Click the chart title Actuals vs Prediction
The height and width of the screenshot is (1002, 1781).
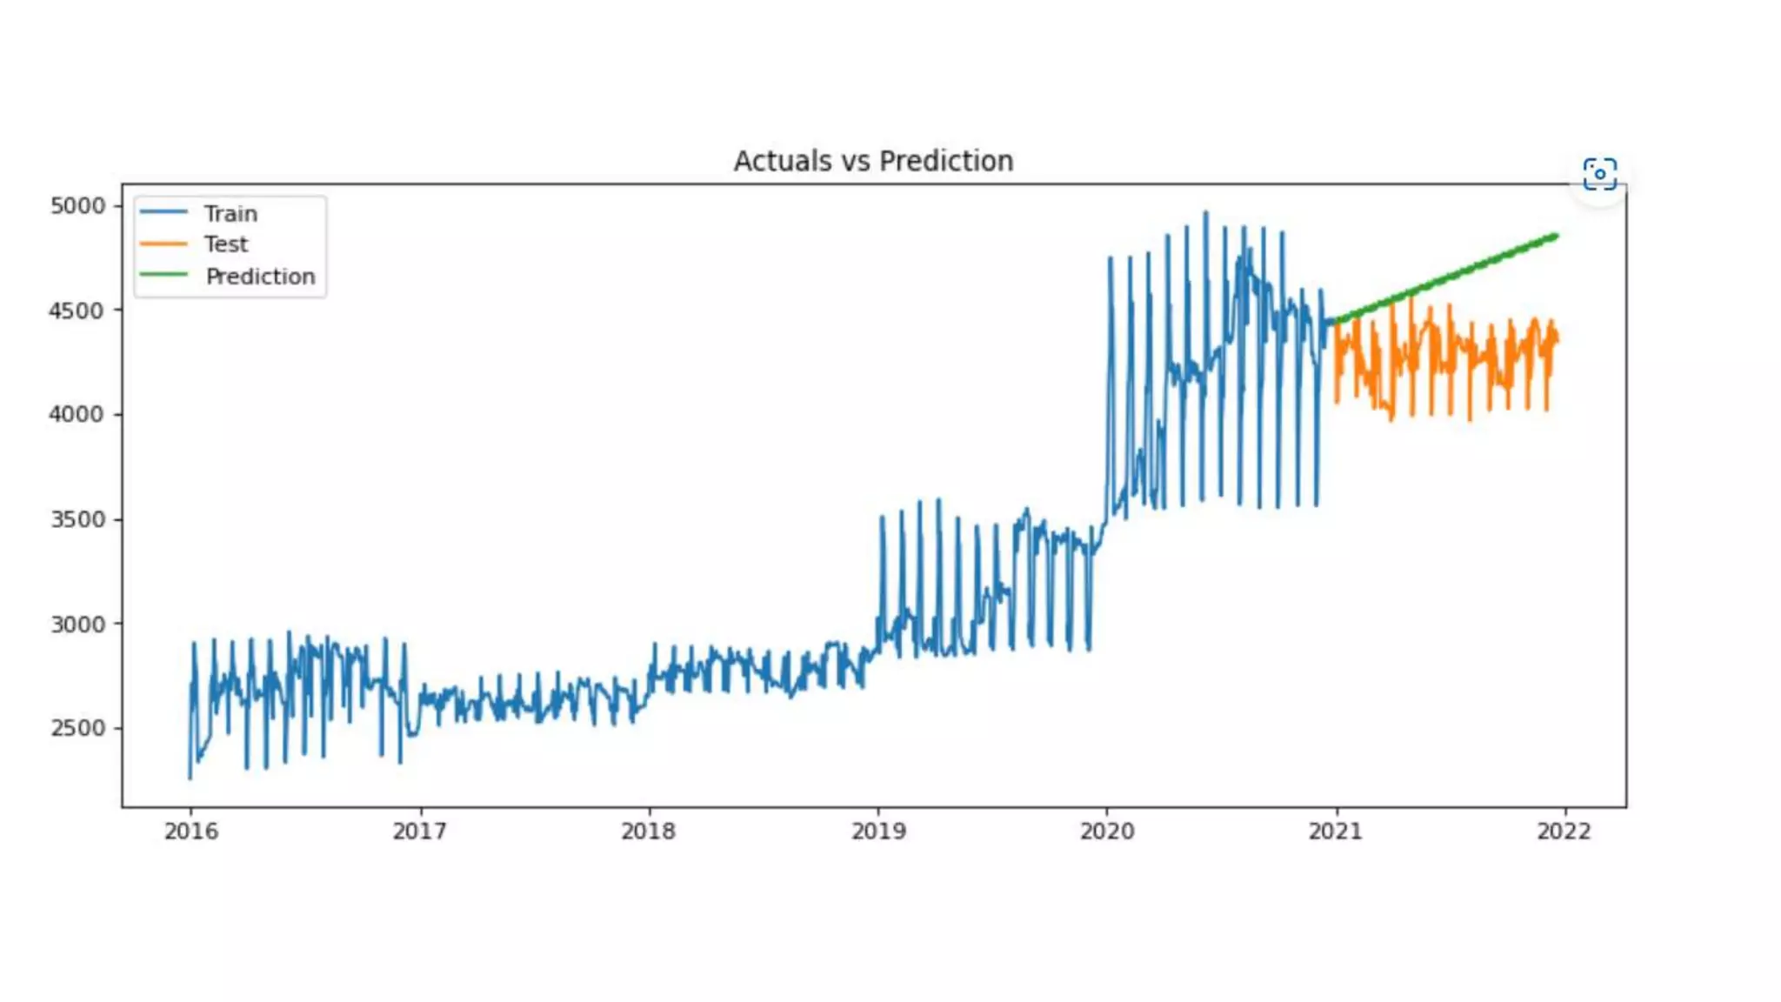pyautogui.click(x=873, y=161)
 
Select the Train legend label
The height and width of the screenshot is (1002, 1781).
pyautogui.click(x=230, y=214)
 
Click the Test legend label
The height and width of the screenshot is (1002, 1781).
pyautogui.click(x=226, y=244)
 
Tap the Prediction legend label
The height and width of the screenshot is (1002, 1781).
pyautogui.click(x=260, y=277)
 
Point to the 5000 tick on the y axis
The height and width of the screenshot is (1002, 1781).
pyautogui.click(x=77, y=206)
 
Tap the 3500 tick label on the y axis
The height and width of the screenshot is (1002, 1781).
pyautogui.click(x=77, y=519)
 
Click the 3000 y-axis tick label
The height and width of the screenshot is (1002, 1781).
pyautogui.click(x=77, y=625)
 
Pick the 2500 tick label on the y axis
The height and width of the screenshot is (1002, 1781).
pyautogui.click(x=77, y=728)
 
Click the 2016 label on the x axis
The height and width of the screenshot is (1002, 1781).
pyautogui.click(x=191, y=832)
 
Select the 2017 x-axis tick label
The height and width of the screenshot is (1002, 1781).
pyautogui.click(x=420, y=832)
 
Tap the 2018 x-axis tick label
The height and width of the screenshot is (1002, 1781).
pyautogui.click(x=649, y=832)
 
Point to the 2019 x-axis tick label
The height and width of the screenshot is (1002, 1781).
pyautogui.click(x=878, y=832)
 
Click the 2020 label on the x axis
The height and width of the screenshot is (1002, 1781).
pyautogui.click(x=1107, y=832)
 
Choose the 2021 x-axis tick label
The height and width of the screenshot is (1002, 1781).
pyautogui.click(x=1336, y=832)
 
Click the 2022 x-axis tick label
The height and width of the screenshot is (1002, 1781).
pyautogui.click(x=1564, y=832)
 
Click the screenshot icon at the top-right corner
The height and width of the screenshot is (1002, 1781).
pyautogui.click(x=1600, y=174)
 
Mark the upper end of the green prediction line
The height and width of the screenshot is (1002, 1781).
pyautogui.click(x=1555, y=236)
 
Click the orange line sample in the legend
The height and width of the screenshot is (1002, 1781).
pyautogui.click(x=163, y=244)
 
